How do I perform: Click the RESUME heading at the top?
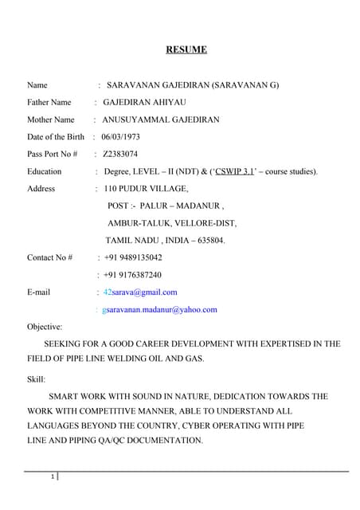(x=186, y=50)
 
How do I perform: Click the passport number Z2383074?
(x=120, y=154)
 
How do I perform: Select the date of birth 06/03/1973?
(x=120, y=136)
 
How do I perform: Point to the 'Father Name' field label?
(x=49, y=102)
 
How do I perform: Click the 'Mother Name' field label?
(x=50, y=120)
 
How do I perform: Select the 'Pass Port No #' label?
(x=52, y=154)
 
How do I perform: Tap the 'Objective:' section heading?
(x=45, y=327)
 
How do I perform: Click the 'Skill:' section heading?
(x=37, y=379)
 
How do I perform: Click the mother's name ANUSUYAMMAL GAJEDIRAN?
(x=161, y=120)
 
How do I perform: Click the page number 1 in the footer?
(x=52, y=477)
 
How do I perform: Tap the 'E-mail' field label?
(x=38, y=292)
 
